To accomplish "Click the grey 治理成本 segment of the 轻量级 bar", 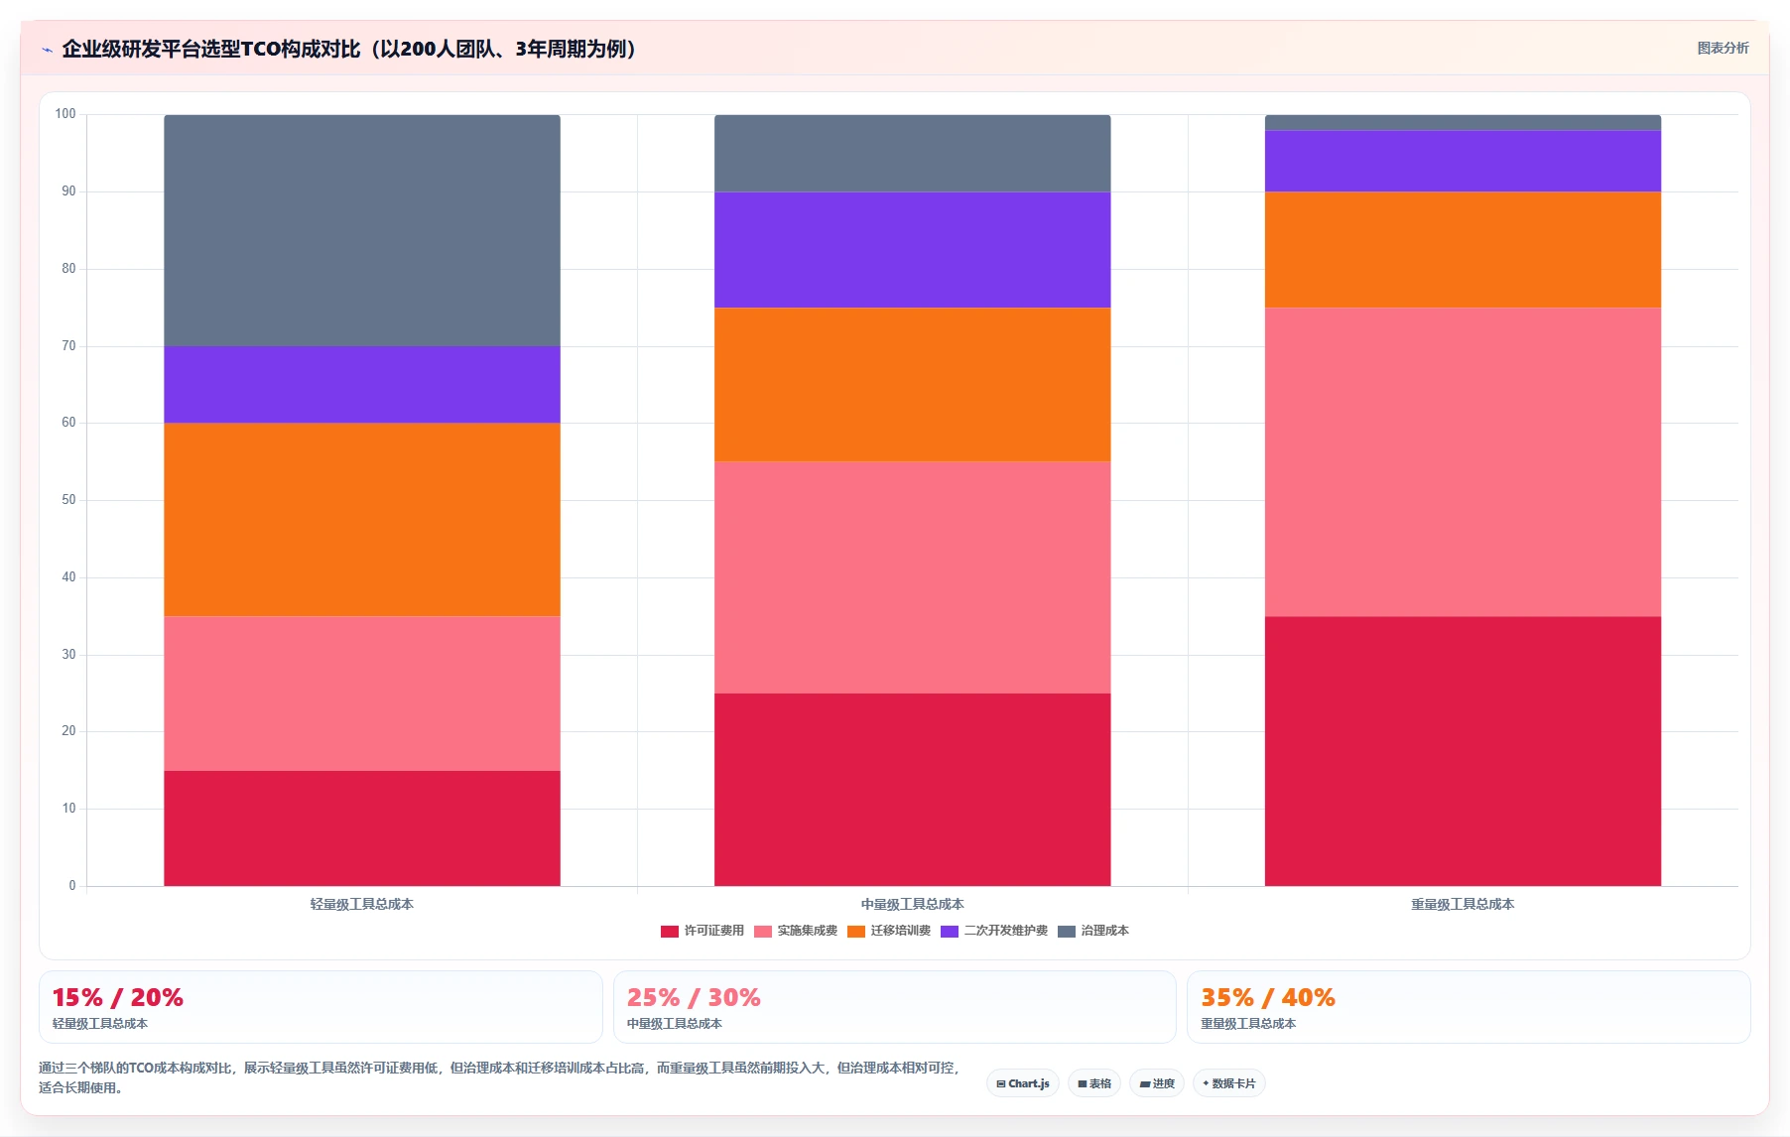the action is [361, 230].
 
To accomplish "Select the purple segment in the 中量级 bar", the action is [912, 249].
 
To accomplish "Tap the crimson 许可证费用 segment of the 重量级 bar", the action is [1463, 751].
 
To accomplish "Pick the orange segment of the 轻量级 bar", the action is [361, 519].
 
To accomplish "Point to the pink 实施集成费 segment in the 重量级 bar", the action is [1463, 461].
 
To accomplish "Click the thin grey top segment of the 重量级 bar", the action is [1463, 122].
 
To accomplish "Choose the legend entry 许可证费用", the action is [703, 931].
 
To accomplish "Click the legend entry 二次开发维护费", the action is [994, 931].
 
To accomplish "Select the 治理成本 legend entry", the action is [1093, 931].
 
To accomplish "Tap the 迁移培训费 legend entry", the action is [889, 931].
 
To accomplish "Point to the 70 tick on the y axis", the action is [68, 346].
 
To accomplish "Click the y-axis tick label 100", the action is [65, 114].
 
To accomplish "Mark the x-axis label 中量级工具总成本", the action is [912, 904].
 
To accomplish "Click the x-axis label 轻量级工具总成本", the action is [361, 904].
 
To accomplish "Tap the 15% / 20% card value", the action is [117, 997].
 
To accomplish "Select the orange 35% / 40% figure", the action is [1267, 997].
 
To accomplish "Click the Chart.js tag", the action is [1023, 1083].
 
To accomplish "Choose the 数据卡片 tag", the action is [1229, 1083].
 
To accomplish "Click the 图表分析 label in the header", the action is [1723, 48].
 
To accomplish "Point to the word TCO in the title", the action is [260, 49].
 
